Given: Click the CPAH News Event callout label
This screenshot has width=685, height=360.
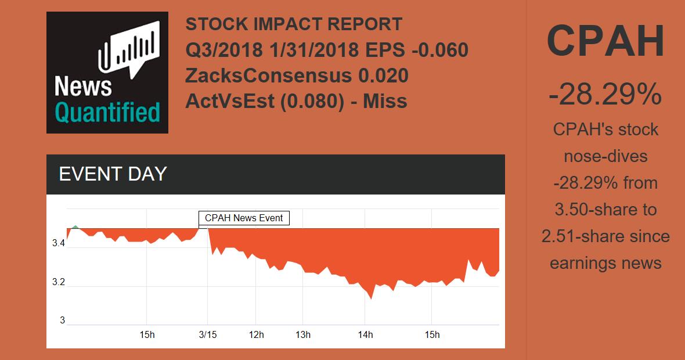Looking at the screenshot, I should (x=244, y=218).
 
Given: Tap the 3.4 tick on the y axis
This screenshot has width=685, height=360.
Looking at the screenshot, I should (x=58, y=244).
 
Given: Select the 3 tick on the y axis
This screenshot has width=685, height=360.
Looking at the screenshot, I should (x=62, y=321).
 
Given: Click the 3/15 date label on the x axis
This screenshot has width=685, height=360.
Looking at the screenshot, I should (x=208, y=334).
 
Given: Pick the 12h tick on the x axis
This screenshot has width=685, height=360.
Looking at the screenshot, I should (x=257, y=334).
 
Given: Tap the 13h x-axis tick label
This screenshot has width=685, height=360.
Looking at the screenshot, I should (x=303, y=334).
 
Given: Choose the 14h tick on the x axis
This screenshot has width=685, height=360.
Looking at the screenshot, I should (x=365, y=334).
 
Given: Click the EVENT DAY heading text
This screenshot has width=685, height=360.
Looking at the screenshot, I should (x=113, y=174).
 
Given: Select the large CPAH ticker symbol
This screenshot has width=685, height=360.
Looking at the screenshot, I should (x=605, y=42).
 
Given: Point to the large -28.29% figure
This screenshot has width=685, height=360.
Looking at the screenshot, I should (x=605, y=94).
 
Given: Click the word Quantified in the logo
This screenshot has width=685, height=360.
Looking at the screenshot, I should (x=107, y=112).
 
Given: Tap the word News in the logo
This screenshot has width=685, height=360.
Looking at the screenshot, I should (x=83, y=87).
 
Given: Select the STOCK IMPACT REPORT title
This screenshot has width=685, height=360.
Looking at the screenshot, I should (x=294, y=24).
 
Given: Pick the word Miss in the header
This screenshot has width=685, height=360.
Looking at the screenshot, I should (x=385, y=101).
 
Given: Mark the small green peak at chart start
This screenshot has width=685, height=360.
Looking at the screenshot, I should (x=75, y=226).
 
